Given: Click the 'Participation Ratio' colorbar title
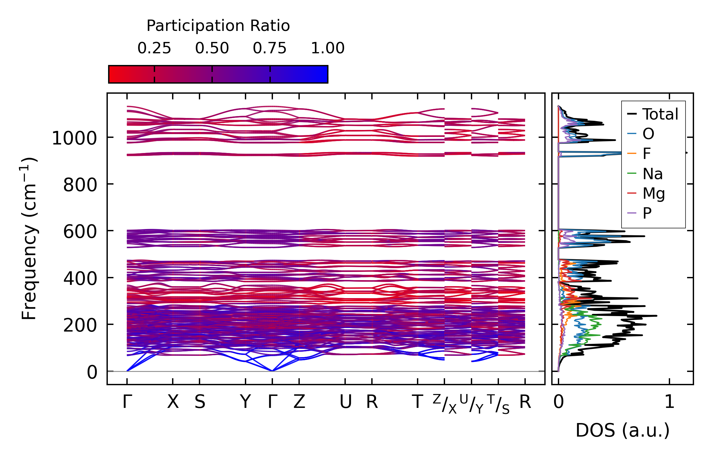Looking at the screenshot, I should (x=218, y=26).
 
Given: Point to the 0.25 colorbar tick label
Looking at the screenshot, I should (x=154, y=48).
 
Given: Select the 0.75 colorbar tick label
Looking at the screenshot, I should (x=270, y=48).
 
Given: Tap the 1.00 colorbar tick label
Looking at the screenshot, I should (x=328, y=48).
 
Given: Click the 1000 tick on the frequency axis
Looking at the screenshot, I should (x=74, y=138).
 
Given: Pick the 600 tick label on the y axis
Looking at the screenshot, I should (x=80, y=232).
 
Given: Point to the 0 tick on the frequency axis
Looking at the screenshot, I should (x=92, y=372).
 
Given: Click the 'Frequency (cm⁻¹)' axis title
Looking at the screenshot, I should (x=29, y=238).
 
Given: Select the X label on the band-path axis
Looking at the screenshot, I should (x=173, y=402).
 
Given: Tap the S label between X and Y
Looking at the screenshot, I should (x=200, y=402).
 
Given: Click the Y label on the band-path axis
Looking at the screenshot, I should (x=246, y=402).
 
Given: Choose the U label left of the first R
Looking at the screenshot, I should (x=345, y=402).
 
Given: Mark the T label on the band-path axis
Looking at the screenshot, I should (x=417, y=402).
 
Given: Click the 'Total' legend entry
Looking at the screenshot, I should (x=660, y=114).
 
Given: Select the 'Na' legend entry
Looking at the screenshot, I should (x=652, y=174).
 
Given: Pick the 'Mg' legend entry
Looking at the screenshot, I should (x=654, y=193).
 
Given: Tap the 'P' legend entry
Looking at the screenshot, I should (x=647, y=214).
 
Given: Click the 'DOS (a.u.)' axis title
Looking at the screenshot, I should (x=622, y=430).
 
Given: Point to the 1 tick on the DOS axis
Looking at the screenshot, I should (x=669, y=402).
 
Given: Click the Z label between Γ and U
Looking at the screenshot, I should (x=299, y=402).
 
